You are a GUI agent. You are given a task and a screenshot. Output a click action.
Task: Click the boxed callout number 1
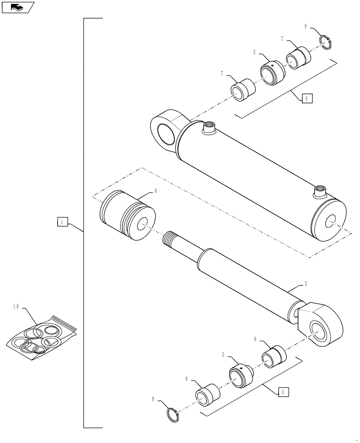pyautogui.click(x=62, y=221)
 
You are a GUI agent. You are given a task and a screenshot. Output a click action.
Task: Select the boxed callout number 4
pyautogui.click(x=307, y=98)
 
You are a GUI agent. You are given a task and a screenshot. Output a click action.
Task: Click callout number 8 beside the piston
pyautogui.click(x=156, y=191)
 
